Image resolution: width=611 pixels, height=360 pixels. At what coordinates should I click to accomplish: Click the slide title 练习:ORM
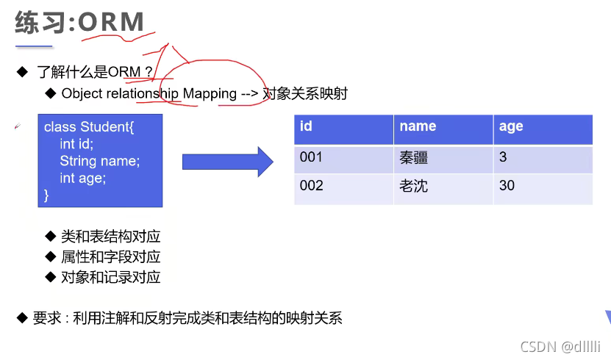point(79,22)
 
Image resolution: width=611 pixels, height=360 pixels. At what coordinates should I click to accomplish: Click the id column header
point(307,126)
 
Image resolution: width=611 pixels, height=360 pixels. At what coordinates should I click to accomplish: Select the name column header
point(418,126)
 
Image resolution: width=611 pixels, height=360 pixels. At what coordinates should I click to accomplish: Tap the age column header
point(511,126)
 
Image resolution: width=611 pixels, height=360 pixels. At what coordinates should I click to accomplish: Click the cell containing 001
point(311,157)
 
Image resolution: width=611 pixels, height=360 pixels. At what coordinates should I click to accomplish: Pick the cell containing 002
point(311,186)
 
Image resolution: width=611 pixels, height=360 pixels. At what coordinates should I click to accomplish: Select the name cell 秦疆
point(413,158)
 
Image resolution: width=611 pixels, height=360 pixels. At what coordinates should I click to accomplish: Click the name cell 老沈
point(413,187)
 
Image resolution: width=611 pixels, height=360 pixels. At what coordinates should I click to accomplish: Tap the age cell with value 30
point(507,186)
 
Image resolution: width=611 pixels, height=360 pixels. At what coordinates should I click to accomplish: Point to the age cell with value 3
point(503,157)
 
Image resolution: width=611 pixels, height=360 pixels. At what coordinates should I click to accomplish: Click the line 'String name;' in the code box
point(99,161)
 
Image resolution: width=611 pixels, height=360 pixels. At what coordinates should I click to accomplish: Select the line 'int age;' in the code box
point(82,178)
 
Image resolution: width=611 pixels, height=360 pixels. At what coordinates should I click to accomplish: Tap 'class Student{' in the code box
point(88,128)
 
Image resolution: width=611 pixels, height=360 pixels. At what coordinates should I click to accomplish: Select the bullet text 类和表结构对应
point(110,237)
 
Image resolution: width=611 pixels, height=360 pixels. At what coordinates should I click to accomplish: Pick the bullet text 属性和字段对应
point(110,257)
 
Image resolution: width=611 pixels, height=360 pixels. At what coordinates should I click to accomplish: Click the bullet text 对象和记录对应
point(110,277)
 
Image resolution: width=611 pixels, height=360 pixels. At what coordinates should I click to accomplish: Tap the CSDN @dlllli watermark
point(560,347)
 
